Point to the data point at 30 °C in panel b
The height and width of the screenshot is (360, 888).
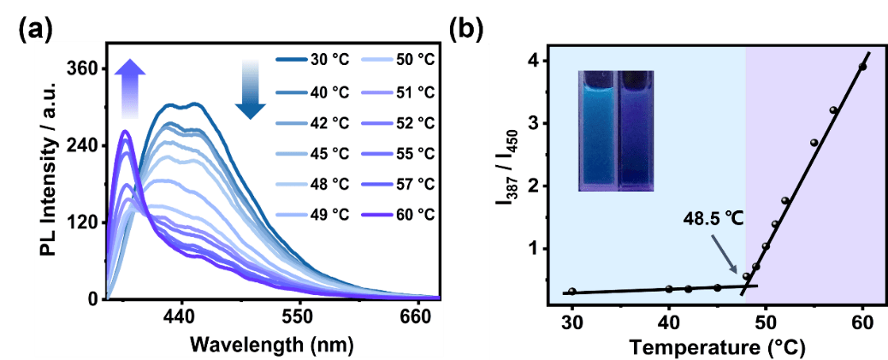[x=572, y=292]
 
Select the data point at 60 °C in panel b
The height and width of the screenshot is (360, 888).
[x=862, y=67]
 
